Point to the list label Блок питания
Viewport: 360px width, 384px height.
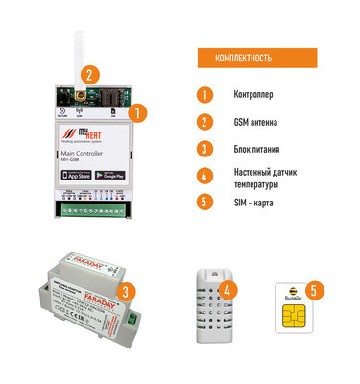(x=258, y=149)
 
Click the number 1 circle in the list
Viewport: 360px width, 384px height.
(x=203, y=96)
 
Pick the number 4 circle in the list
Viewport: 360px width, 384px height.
(x=203, y=176)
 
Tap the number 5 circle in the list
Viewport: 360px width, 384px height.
(x=203, y=202)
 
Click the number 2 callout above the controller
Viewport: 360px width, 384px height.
(x=88, y=73)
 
